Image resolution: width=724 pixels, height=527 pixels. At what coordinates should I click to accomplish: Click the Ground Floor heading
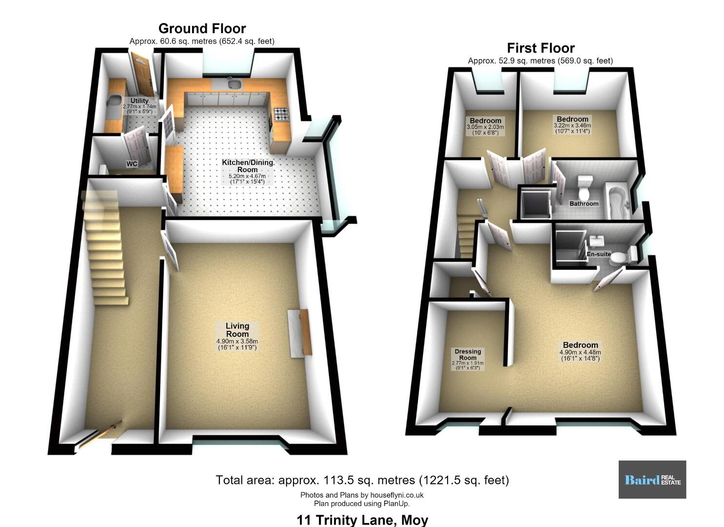(x=202, y=29)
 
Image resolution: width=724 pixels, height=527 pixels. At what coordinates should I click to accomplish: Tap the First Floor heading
(x=541, y=48)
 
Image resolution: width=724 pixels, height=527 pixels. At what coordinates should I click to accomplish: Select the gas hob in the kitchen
(x=281, y=114)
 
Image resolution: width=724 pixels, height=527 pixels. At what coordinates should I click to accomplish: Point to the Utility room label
(x=139, y=101)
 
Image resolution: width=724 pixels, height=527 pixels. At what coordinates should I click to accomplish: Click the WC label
(x=132, y=163)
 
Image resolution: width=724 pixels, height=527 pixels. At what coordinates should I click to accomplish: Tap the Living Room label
(x=237, y=330)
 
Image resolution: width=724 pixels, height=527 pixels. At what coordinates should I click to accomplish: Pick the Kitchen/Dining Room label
(x=248, y=166)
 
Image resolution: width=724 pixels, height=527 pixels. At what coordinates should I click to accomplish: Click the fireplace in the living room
(x=300, y=333)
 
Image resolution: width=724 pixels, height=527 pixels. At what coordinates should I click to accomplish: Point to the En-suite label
(x=599, y=254)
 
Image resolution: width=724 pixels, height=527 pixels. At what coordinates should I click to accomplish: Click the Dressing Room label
(x=468, y=355)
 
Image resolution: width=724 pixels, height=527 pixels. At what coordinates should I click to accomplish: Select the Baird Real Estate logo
(x=652, y=480)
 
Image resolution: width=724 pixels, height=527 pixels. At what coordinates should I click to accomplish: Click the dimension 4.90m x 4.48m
(x=580, y=352)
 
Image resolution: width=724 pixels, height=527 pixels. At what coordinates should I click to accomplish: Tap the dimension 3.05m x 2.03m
(x=485, y=127)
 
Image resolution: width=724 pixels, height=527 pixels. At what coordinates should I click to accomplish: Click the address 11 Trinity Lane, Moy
(x=362, y=520)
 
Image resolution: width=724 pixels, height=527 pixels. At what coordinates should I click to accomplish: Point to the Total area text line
(x=362, y=480)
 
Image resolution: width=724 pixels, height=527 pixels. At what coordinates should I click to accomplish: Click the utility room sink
(x=114, y=100)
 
